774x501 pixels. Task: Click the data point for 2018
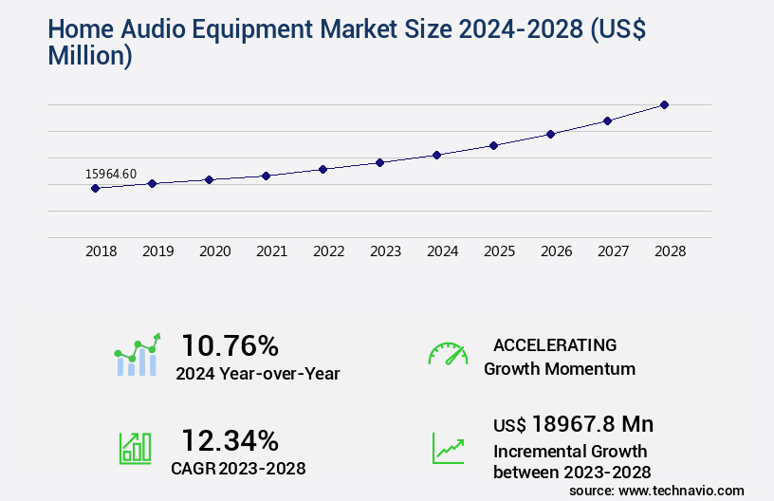coord(95,188)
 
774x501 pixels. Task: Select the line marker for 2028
coord(664,104)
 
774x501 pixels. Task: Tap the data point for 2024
coord(436,155)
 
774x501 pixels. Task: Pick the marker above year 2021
coord(266,176)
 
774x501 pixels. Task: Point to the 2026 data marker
coord(550,134)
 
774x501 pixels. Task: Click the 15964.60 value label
coord(111,174)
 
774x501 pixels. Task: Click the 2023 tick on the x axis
coord(385,251)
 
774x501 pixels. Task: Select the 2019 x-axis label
coord(157,251)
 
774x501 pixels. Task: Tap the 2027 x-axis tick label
coord(613,251)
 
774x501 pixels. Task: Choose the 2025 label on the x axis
coord(499,251)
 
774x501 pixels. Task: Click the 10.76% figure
coord(230,344)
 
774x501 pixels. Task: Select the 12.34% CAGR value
coord(230,440)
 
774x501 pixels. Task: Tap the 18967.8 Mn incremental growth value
coord(573,423)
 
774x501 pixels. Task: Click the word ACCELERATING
coord(555,344)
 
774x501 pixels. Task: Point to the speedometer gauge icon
coord(448,354)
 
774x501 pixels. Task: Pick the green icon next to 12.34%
coord(135,447)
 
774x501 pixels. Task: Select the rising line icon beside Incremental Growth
coord(448,447)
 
